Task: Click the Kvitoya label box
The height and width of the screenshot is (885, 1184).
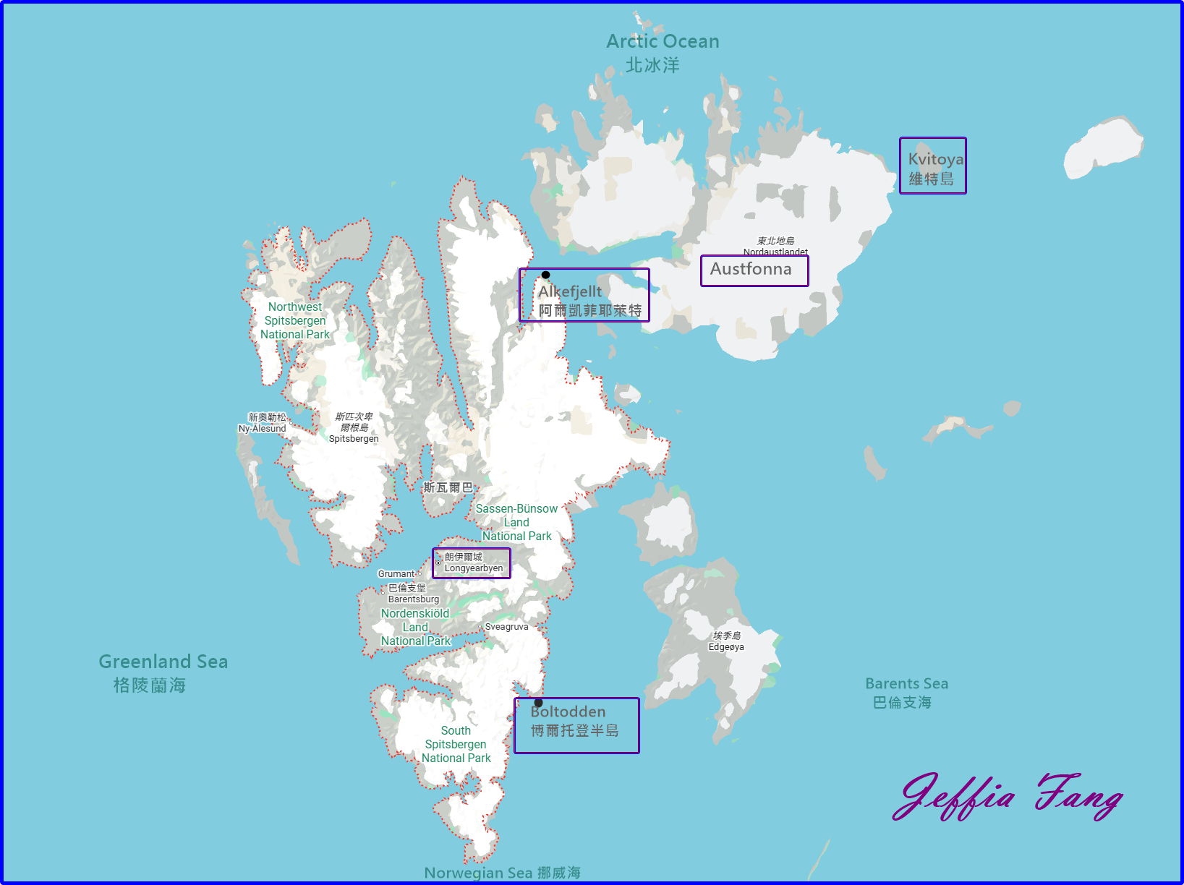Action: tap(933, 166)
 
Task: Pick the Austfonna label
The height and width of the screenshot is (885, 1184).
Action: tap(754, 270)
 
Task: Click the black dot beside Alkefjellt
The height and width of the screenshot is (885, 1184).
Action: tap(546, 275)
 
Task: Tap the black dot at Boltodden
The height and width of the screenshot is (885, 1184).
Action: tap(538, 703)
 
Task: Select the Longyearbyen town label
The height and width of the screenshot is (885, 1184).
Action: tap(473, 563)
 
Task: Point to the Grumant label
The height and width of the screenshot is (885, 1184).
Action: tap(396, 574)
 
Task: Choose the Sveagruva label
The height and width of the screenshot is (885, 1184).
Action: tap(506, 627)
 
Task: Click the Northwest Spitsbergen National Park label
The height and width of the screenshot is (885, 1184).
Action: tap(295, 320)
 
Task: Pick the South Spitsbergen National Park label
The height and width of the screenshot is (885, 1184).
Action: tap(456, 744)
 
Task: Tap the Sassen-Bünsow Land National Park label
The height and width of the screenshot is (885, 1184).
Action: tap(516, 522)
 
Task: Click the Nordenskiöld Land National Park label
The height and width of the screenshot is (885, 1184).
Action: tap(415, 627)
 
